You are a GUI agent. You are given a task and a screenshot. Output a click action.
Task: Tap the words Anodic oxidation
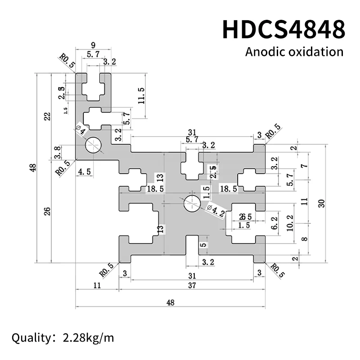pos(294,51)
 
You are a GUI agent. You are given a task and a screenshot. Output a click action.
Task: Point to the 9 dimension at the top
pos(93,45)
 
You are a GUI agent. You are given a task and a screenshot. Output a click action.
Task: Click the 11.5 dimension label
pos(141,96)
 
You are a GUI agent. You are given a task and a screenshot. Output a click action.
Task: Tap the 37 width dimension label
pos(192,286)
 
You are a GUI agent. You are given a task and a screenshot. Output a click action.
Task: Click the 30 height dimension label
pos(321,203)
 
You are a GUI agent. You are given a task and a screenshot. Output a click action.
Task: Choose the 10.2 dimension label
pos(290,223)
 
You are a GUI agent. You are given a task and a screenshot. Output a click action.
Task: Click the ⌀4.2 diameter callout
pos(216,209)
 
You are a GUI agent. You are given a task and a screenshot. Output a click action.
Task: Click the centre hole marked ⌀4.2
pos(192,203)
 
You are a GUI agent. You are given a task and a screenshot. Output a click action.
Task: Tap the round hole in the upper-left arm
pos(94,145)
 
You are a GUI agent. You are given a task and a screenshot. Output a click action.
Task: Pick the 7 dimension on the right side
pos(304,166)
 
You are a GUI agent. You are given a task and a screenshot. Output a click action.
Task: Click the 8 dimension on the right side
pos(304,239)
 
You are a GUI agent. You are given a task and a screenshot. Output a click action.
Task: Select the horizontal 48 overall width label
pos(170,302)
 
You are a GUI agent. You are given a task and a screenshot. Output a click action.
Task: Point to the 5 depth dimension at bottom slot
pos(203,245)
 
